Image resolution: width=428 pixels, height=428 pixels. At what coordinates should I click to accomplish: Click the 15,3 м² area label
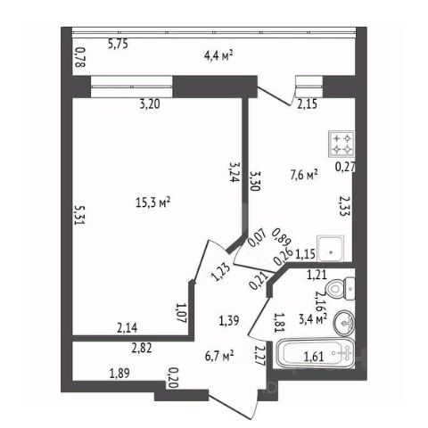(152, 202)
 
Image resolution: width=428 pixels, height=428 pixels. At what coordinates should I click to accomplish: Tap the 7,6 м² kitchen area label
(304, 175)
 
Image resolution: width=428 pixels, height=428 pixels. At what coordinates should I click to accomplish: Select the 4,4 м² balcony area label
(218, 55)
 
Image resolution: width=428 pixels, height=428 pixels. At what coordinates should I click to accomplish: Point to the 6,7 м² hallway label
(219, 356)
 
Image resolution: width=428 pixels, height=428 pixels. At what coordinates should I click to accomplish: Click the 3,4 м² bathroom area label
(313, 319)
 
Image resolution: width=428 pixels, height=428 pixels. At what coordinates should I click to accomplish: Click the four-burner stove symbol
(342, 144)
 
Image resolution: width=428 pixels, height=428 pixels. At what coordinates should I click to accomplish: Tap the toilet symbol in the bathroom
(340, 289)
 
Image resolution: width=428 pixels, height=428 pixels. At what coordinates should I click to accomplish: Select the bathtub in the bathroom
(315, 354)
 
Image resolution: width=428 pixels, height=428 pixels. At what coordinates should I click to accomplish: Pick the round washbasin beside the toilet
(344, 323)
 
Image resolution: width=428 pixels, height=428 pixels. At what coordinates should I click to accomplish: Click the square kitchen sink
(331, 249)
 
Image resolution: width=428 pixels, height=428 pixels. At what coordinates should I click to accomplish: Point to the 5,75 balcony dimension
(118, 45)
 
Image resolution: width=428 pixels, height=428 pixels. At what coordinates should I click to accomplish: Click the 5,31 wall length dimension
(78, 215)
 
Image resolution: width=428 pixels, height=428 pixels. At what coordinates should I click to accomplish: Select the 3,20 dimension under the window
(150, 104)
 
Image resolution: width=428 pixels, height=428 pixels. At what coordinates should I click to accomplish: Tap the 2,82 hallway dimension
(142, 348)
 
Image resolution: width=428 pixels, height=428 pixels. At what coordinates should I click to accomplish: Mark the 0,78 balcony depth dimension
(80, 57)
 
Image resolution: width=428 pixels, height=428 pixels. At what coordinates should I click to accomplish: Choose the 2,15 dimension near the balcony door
(308, 104)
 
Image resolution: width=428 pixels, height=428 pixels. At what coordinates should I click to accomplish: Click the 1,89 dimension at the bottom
(119, 373)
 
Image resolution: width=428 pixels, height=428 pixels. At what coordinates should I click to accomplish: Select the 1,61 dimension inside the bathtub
(314, 356)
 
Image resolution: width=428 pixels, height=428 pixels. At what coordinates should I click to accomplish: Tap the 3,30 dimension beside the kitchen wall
(255, 180)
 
